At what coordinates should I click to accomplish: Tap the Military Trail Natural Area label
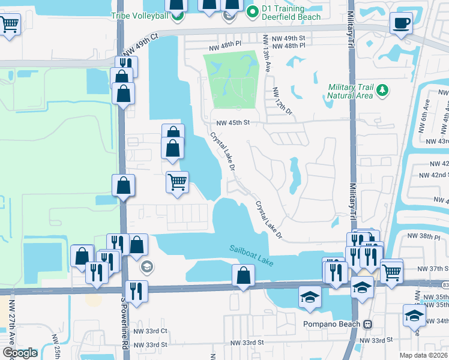tap(351, 91)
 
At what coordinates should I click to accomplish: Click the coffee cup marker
tap(401, 24)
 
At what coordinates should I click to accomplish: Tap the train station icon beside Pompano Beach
tap(367, 324)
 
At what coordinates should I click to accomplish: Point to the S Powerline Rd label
tap(125, 325)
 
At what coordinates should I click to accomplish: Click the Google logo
tap(20, 353)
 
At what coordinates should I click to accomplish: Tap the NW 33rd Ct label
tap(150, 331)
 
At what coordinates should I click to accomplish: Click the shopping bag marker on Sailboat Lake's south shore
tap(244, 276)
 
